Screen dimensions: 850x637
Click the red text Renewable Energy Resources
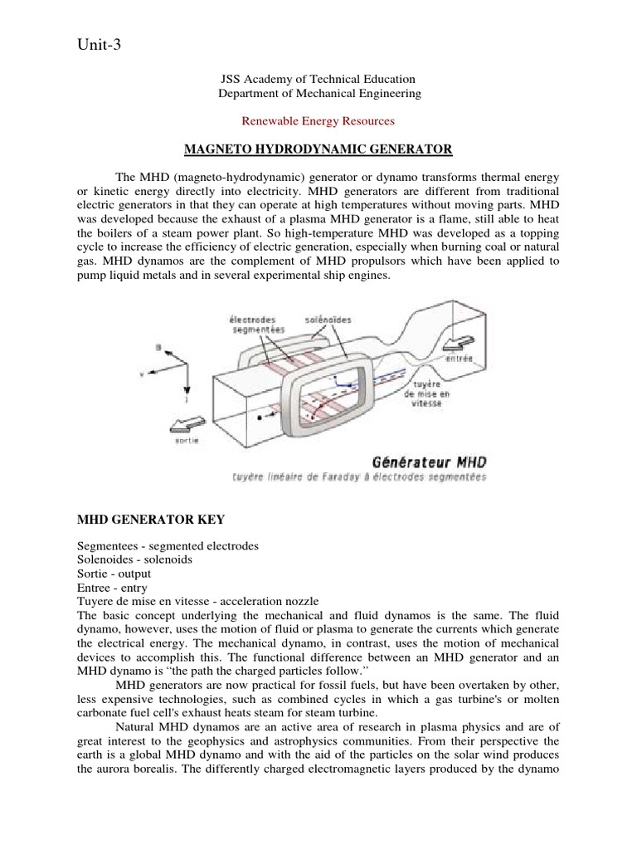click(318, 120)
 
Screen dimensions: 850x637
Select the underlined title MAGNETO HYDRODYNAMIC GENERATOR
click(318, 149)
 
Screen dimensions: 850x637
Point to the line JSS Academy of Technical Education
click(318, 79)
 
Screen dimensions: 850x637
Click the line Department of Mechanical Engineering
click(318, 94)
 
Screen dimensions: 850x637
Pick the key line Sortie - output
click(114, 574)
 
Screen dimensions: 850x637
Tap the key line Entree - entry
click(111, 587)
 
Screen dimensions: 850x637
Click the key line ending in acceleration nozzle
click(197, 601)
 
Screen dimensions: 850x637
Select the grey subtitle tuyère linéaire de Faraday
click(359, 477)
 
